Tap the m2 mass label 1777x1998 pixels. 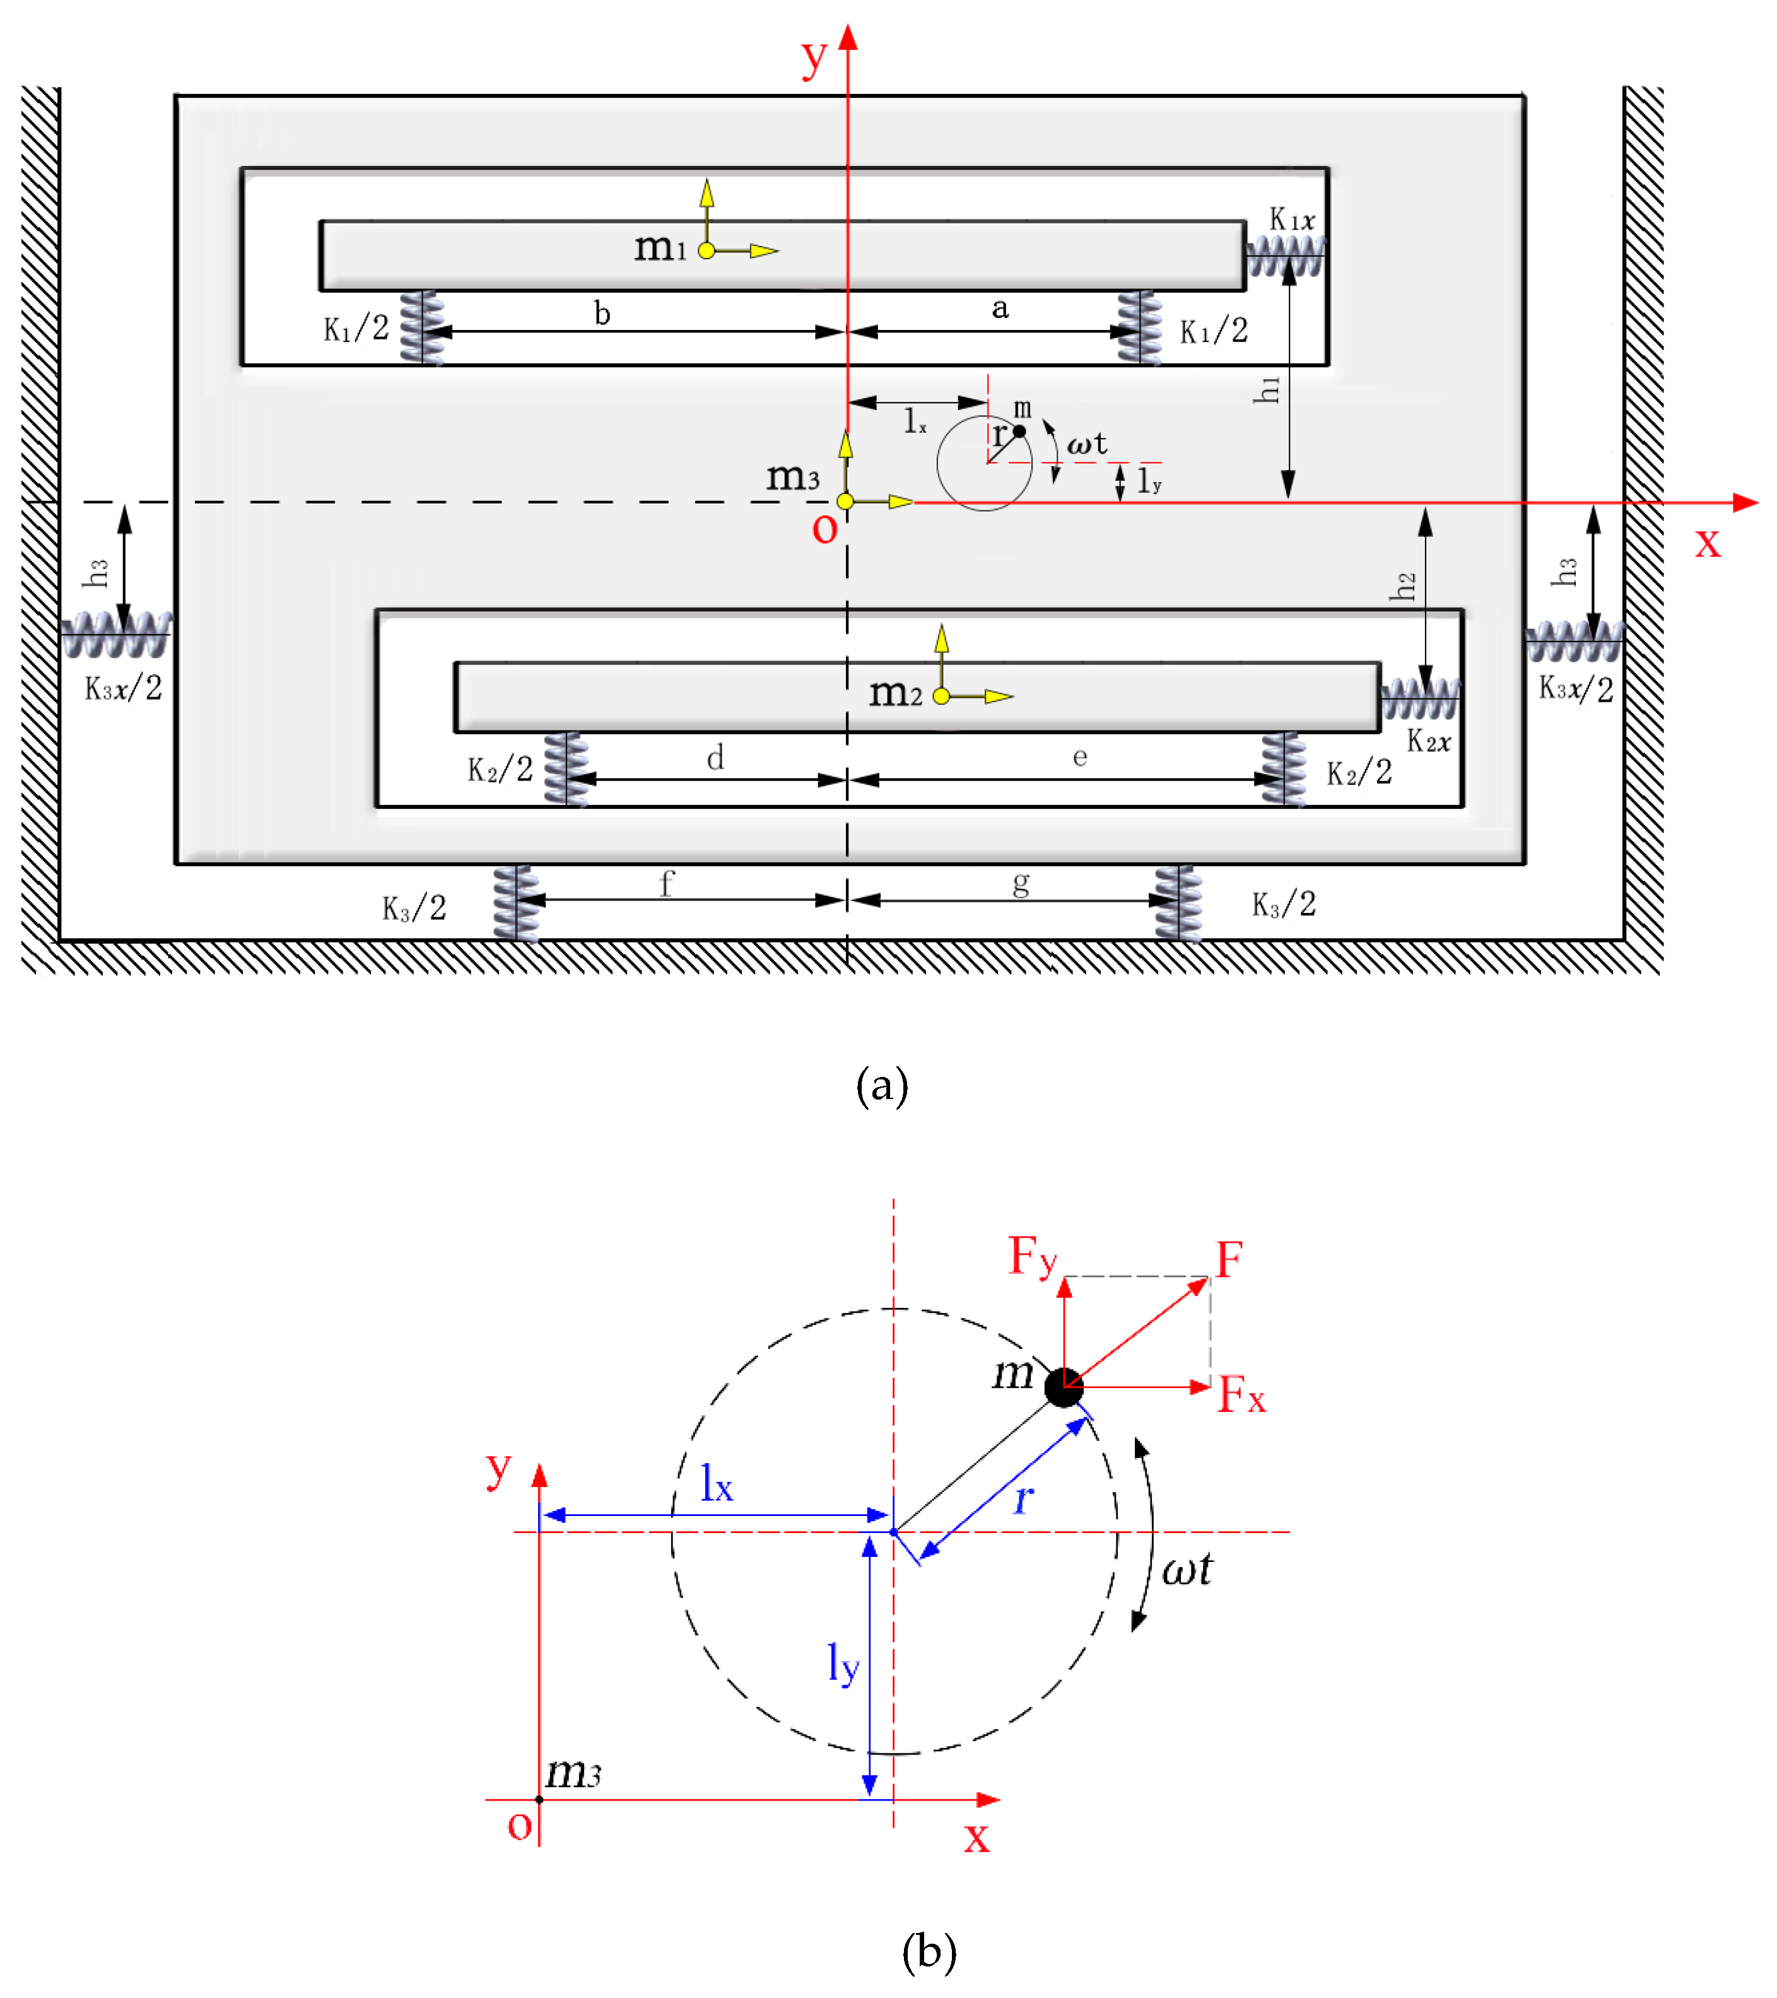[x=895, y=693]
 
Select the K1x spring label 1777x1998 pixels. [x=1291, y=220]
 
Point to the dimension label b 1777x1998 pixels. [x=602, y=313]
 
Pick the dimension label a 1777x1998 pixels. [x=1000, y=309]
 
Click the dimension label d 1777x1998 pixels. [x=715, y=758]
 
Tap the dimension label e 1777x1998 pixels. [x=1080, y=756]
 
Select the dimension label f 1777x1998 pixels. [x=667, y=884]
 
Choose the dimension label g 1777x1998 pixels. [x=1021, y=884]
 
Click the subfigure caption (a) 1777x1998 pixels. [x=882, y=1086]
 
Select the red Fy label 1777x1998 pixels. [x=1032, y=1257]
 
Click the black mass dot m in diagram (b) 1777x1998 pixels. [x=1064, y=1387]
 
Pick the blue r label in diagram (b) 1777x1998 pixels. [x=1023, y=1498]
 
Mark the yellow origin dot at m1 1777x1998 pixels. [x=707, y=250]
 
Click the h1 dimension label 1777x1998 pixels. [x=1267, y=390]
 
